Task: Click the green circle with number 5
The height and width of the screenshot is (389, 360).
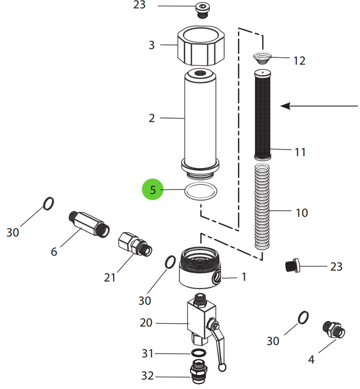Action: (152, 189)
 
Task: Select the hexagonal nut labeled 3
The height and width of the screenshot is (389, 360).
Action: (201, 45)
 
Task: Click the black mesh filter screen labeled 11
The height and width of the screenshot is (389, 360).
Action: (263, 115)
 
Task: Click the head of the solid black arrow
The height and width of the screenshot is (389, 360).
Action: (286, 106)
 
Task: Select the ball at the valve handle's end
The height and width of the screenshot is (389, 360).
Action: (222, 367)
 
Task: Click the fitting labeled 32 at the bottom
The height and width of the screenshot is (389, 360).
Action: (199, 372)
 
